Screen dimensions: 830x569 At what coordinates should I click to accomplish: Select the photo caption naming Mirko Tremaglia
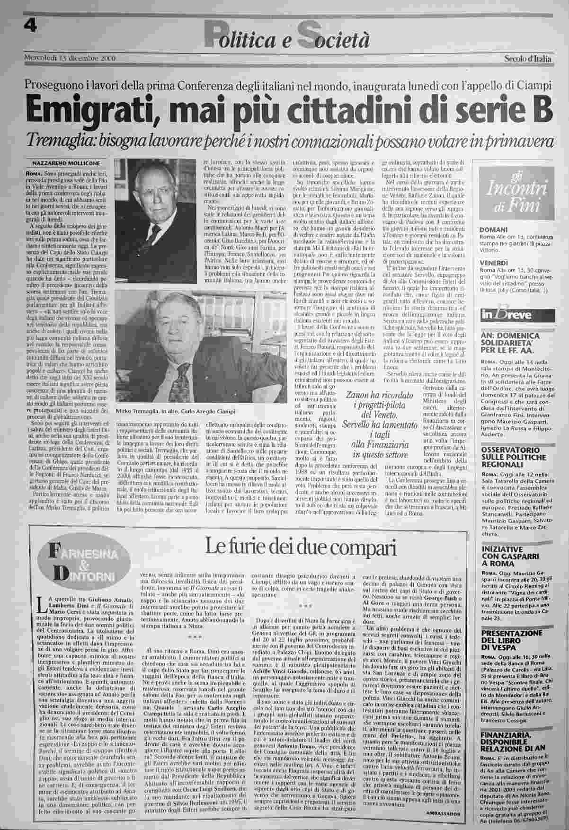175,411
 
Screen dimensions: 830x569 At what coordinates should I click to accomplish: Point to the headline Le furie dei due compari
300,547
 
